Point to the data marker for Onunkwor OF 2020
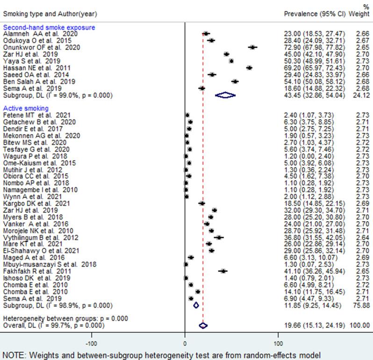[253, 47]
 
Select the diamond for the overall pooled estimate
[203, 325]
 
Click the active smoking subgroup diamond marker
[196, 305]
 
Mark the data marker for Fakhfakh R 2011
[223, 271]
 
